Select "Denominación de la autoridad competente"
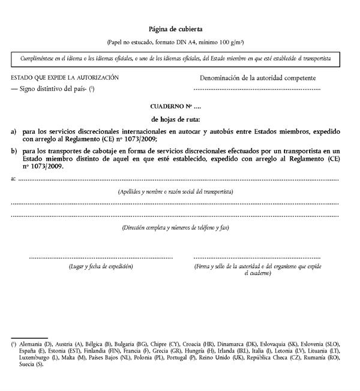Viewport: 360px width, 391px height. pos(257,78)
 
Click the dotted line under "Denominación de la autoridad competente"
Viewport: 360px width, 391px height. pos(257,90)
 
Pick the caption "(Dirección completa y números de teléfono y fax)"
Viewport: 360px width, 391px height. pos(175,228)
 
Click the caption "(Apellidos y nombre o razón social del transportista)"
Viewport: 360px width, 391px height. pos(175,191)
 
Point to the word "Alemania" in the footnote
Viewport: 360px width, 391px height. pos(31,345)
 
